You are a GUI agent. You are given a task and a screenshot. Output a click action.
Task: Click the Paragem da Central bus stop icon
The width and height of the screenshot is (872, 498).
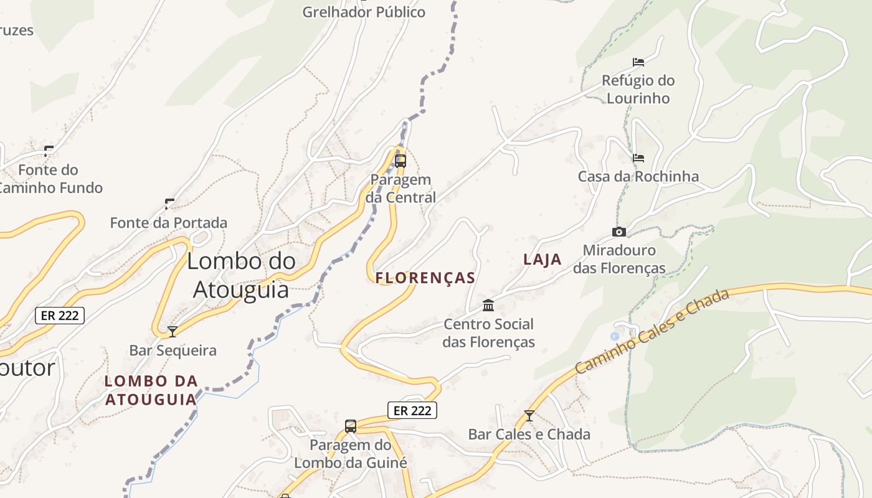400,161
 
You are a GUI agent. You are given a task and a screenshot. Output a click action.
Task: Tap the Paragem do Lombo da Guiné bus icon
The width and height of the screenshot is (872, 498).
351,426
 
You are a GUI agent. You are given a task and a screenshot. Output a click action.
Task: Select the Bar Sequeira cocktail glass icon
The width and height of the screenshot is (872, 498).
173,332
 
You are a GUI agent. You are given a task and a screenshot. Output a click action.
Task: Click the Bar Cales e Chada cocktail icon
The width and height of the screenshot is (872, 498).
529,415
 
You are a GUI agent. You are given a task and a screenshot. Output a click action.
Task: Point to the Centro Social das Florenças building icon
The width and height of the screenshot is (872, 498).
488,306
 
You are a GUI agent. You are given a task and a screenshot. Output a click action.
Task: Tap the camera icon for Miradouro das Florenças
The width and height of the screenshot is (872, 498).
618,232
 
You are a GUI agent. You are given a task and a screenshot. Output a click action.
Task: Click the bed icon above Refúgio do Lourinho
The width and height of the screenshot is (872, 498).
638,62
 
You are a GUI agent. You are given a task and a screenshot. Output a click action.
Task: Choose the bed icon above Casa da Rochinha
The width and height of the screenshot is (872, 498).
638,158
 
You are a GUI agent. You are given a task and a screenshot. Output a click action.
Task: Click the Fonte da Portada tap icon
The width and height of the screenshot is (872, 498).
169,204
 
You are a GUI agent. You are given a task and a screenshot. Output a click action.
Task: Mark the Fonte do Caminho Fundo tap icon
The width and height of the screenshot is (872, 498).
48,151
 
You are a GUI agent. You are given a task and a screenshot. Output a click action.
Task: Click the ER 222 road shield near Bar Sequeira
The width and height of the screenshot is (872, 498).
60,316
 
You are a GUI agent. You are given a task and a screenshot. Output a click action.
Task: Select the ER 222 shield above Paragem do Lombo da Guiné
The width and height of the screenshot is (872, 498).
412,411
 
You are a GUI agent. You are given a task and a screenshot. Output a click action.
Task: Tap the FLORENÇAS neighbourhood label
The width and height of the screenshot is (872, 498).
426,278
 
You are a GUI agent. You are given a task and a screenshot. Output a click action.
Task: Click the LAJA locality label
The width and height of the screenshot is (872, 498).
543,260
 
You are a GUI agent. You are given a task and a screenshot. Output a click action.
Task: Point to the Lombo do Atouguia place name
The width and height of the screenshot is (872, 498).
241,275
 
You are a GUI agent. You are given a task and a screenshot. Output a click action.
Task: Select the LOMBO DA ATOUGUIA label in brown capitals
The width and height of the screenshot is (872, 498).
151,390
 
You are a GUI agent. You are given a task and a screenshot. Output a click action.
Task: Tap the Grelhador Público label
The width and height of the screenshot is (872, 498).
364,12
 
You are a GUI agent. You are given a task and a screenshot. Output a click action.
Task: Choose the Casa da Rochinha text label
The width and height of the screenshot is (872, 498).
638,177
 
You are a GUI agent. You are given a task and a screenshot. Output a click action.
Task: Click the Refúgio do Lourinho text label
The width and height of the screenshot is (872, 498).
638,89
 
